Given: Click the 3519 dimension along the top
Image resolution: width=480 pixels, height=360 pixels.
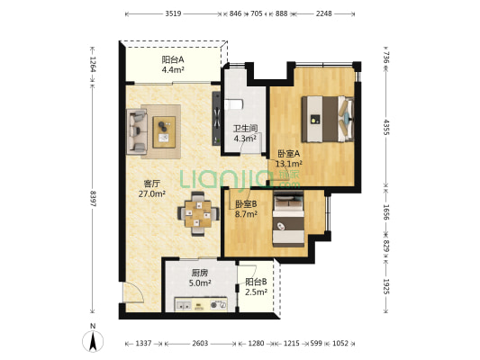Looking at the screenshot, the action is tap(173, 13).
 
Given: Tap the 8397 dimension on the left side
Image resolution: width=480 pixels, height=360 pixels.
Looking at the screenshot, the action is tap(93, 199).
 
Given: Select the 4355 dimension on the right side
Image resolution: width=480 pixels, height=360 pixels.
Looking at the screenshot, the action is tap(386, 127).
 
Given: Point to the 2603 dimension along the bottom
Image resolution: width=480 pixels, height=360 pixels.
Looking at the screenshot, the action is tap(200, 343).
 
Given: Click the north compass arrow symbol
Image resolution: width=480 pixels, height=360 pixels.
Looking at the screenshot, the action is tap(93, 341).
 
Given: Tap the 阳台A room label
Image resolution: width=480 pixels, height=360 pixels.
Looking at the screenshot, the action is tap(173, 59).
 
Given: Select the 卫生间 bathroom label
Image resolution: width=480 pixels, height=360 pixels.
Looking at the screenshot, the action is tap(245, 128).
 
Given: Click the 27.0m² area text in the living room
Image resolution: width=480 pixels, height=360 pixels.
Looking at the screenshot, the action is tap(152, 193).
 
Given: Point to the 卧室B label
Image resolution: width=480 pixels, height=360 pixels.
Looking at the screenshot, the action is tap(246, 203).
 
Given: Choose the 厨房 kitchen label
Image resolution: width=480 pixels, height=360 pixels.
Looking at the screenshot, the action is tap(200, 273).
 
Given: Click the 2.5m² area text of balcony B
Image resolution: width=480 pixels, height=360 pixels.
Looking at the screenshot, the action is tap(257, 292).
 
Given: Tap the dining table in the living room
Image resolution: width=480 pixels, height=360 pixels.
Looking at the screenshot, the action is tap(198, 213).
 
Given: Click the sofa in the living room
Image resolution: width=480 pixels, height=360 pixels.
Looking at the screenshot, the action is tap(137, 131).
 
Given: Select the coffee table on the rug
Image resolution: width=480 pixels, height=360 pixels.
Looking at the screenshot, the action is tap(164, 132).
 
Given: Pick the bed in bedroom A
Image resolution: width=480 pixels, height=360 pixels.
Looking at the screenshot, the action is tap(328, 119).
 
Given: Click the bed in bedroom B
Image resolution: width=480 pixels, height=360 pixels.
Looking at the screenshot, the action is tap(288, 219).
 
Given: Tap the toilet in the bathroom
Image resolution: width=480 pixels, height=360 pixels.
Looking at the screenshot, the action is tap(233, 104).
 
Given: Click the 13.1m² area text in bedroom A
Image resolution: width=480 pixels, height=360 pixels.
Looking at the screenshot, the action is tap(289, 164).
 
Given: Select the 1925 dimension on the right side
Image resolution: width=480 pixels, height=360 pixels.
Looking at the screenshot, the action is tap(386, 286).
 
